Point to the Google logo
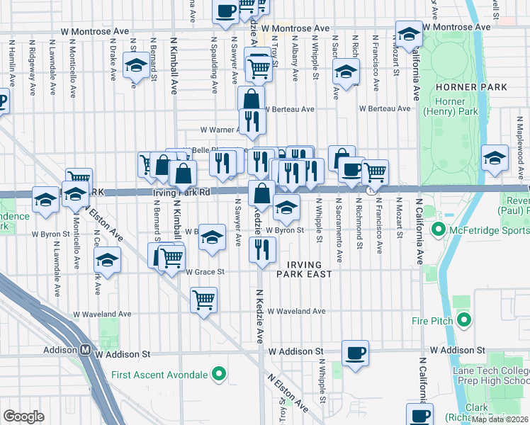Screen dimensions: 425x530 24,416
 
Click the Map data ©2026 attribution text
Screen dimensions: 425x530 500,419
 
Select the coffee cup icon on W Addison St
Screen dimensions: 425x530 356,351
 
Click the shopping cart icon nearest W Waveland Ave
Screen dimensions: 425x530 203,299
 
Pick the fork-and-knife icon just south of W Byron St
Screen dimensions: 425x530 263,249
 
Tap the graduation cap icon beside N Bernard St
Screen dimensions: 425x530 135,67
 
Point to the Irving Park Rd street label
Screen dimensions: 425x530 181,192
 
